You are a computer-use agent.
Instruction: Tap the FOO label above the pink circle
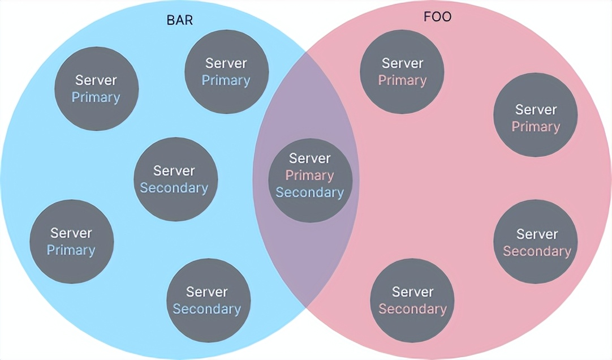tap(438, 17)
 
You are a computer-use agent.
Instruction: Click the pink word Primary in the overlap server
tap(309, 175)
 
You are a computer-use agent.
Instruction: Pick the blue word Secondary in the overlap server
tap(309, 192)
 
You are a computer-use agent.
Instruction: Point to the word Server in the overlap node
tap(309, 158)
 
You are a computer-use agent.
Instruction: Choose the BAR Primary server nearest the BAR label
tap(226, 72)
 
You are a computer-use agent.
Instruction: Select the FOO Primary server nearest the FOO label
tap(402, 72)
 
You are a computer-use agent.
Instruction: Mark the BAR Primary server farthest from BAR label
tap(71, 241)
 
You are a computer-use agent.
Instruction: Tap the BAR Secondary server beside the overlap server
tap(174, 179)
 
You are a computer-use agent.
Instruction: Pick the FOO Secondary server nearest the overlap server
tap(412, 301)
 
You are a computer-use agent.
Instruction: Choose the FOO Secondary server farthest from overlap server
tap(536, 242)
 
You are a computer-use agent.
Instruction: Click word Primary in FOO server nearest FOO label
tap(402, 80)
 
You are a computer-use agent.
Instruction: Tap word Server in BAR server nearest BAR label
tap(226, 63)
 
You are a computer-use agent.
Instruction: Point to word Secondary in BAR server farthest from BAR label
tap(207, 309)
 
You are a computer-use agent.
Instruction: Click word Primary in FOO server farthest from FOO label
tap(536, 126)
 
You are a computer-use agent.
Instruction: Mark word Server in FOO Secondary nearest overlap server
tap(412, 292)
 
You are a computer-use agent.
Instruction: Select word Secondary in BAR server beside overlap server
tap(174, 188)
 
